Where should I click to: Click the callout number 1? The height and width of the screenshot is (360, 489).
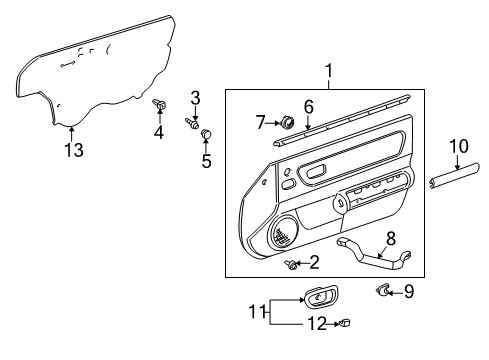click(326, 71)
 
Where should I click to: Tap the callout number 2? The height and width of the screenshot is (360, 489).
click(314, 263)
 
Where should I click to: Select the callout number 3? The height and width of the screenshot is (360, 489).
click(196, 97)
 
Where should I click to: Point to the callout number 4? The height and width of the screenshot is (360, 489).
click(158, 133)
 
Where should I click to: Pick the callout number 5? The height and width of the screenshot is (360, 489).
click(206, 159)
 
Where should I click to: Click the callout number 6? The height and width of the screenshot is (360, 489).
click(309, 106)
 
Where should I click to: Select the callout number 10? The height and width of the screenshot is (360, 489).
click(458, 148)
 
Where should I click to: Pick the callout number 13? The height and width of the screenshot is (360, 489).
click(72, 150)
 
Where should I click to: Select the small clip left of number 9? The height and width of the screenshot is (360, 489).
click(383, 290)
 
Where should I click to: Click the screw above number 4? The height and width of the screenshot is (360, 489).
click(158, 104)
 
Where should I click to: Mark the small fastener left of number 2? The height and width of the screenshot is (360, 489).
click(292, 264)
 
